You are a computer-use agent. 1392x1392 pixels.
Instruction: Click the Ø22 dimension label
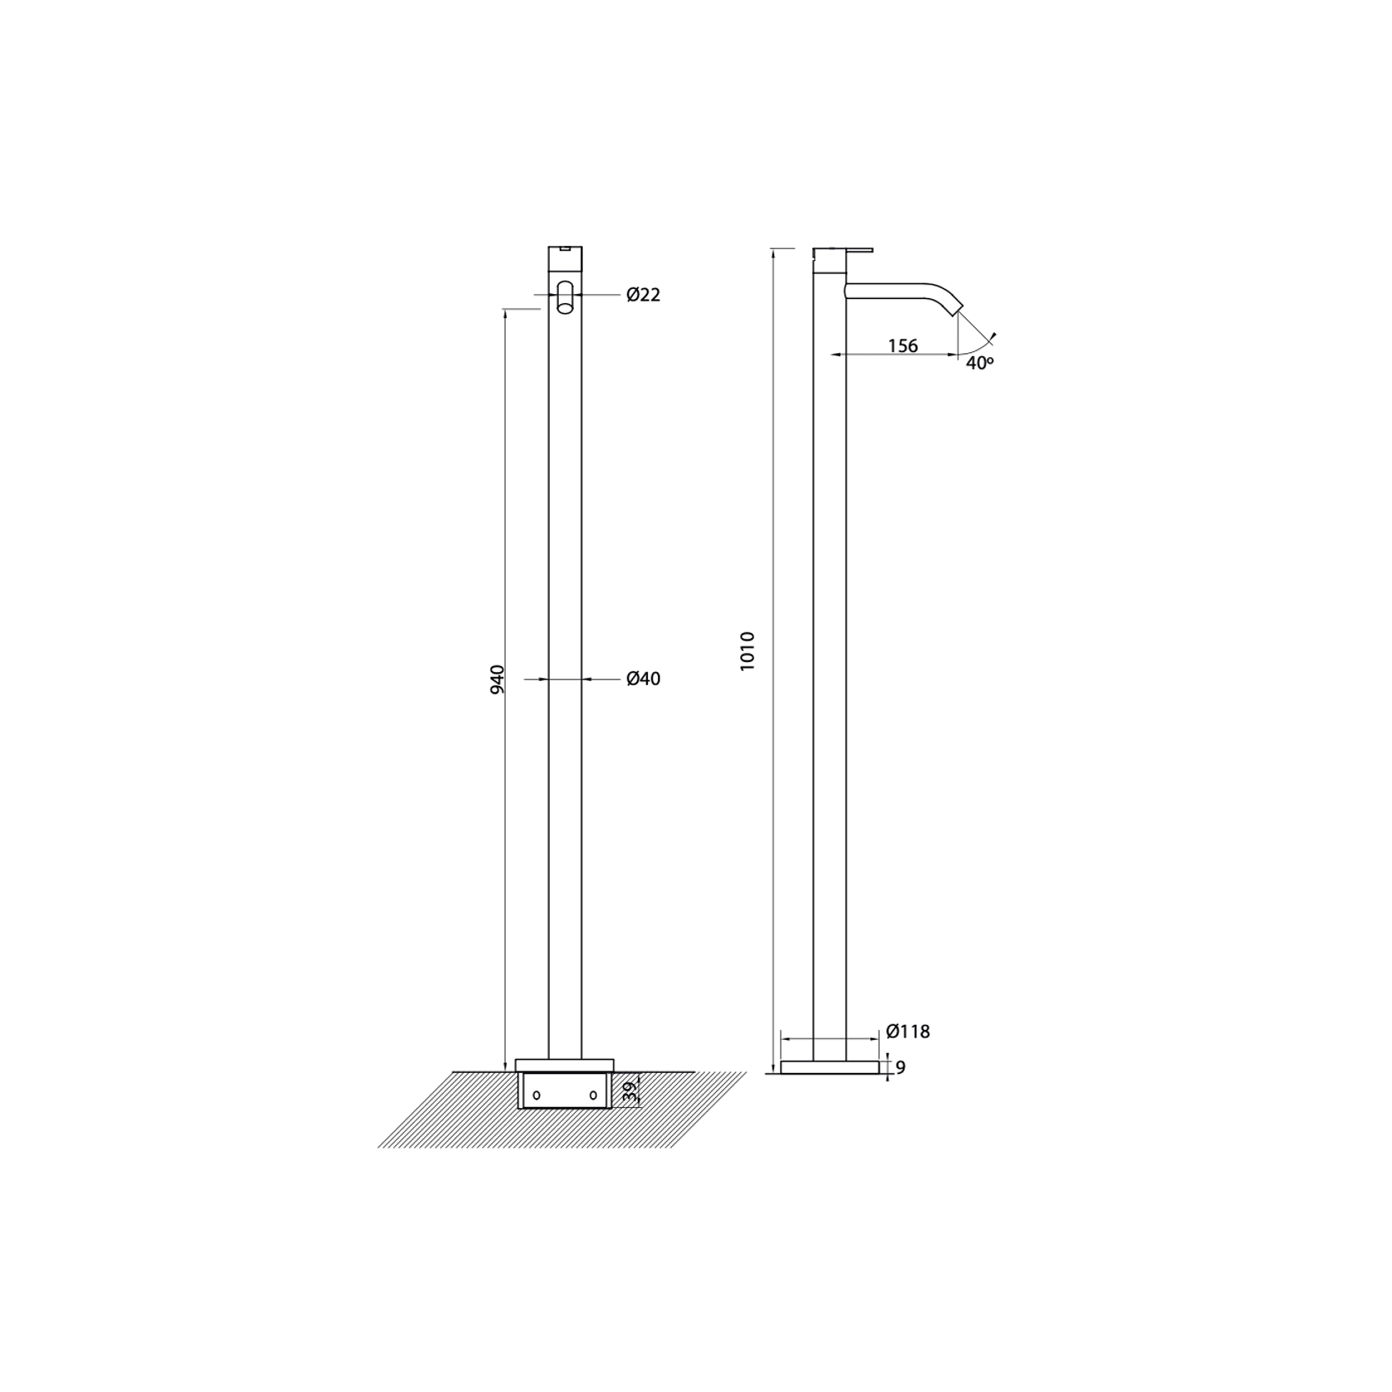[644, 295]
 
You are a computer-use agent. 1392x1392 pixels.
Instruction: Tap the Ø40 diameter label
[644, 679]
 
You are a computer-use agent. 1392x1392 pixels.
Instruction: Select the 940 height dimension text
[497, 679]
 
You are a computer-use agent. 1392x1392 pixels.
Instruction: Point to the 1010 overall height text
[747, 651]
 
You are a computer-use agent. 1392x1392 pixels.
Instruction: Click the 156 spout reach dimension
[903, 346]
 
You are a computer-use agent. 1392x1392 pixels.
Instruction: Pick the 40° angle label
[980, 363]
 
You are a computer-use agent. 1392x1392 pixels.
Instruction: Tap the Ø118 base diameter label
[908, 1032]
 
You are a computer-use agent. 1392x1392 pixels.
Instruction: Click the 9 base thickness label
[900, 1068]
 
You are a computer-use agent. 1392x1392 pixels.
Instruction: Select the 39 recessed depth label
[630, 1091]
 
